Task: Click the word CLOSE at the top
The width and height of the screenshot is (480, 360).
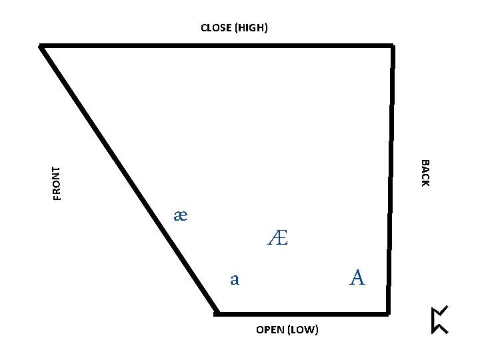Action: [217, 28]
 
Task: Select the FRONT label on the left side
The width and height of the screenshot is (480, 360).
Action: [57, 183]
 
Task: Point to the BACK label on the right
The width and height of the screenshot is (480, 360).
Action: [425, 173]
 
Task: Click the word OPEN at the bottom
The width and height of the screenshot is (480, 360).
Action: [269, 330]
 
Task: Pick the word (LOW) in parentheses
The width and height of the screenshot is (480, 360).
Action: [303, 330]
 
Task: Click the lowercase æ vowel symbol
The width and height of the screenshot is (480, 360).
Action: [181, 215]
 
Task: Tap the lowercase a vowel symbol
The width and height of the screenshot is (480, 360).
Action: [234, 279]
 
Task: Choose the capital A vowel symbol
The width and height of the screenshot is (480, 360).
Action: [357, 277]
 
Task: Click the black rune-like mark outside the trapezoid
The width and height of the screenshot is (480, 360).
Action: [439, 319]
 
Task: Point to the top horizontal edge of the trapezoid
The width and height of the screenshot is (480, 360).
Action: [217, 45]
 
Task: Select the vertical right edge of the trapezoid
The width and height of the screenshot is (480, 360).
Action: [390, 180]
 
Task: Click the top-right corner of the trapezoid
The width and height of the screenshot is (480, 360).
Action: [392, 46]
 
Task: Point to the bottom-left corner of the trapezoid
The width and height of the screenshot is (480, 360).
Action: [217, 312]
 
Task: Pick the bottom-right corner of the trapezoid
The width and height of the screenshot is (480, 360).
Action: [388, 312]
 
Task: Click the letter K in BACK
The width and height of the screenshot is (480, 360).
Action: [425, 183]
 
